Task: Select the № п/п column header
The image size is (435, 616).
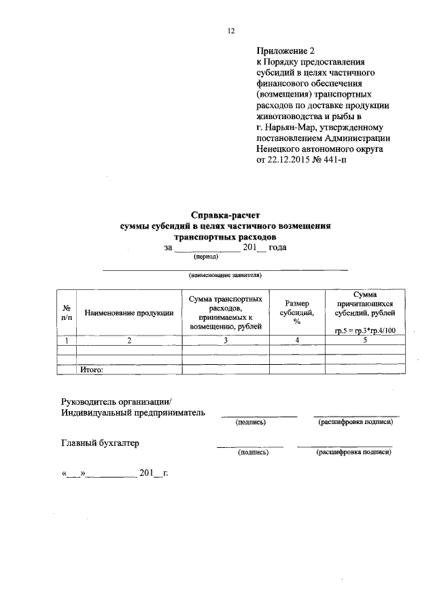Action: (x=67, y=312)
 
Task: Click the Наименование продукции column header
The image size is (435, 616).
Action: (x=128, y=312)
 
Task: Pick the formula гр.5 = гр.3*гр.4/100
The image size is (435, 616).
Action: (x=365, y=330)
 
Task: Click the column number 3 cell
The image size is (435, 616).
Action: (x=226, y=340)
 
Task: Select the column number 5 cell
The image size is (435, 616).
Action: (x=365, y=340)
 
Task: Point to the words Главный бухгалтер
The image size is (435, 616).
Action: (x=100, y=443)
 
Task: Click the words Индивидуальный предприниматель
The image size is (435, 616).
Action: (x=133, y=412)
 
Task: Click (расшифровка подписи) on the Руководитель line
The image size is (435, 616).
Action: (x=355, y=423)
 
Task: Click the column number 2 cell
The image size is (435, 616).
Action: (x=128, y=340)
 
